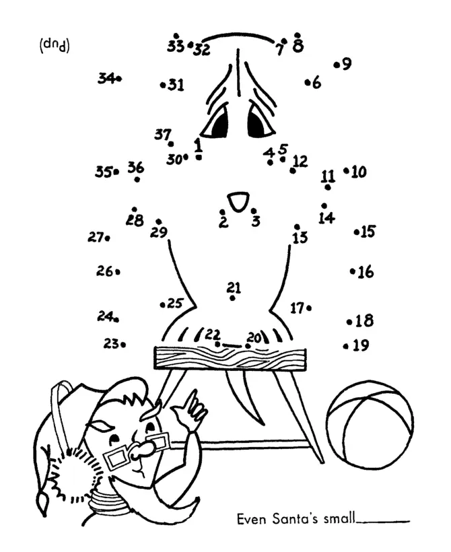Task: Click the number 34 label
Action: (106, 78)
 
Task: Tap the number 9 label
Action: (347, 65)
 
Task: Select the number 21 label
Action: (234, 287)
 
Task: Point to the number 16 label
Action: (366, 273)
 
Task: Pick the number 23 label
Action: (111, 343)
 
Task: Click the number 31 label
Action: (176, 85)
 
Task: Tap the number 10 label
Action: (359, 172)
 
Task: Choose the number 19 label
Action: (361, 345)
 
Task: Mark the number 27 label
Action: (94, 237)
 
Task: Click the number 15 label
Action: (368, 232)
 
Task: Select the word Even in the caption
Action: (249, 519)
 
